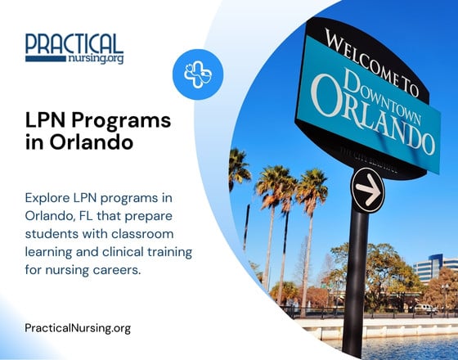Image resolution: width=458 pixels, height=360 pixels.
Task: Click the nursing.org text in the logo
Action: click(x=97, y=60)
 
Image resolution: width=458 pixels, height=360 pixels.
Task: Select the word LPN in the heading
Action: click(x=45, y=121)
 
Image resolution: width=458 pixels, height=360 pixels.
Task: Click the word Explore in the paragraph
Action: click(x=47, y=199)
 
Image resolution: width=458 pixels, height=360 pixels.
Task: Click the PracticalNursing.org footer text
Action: click(x=78, y=327)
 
